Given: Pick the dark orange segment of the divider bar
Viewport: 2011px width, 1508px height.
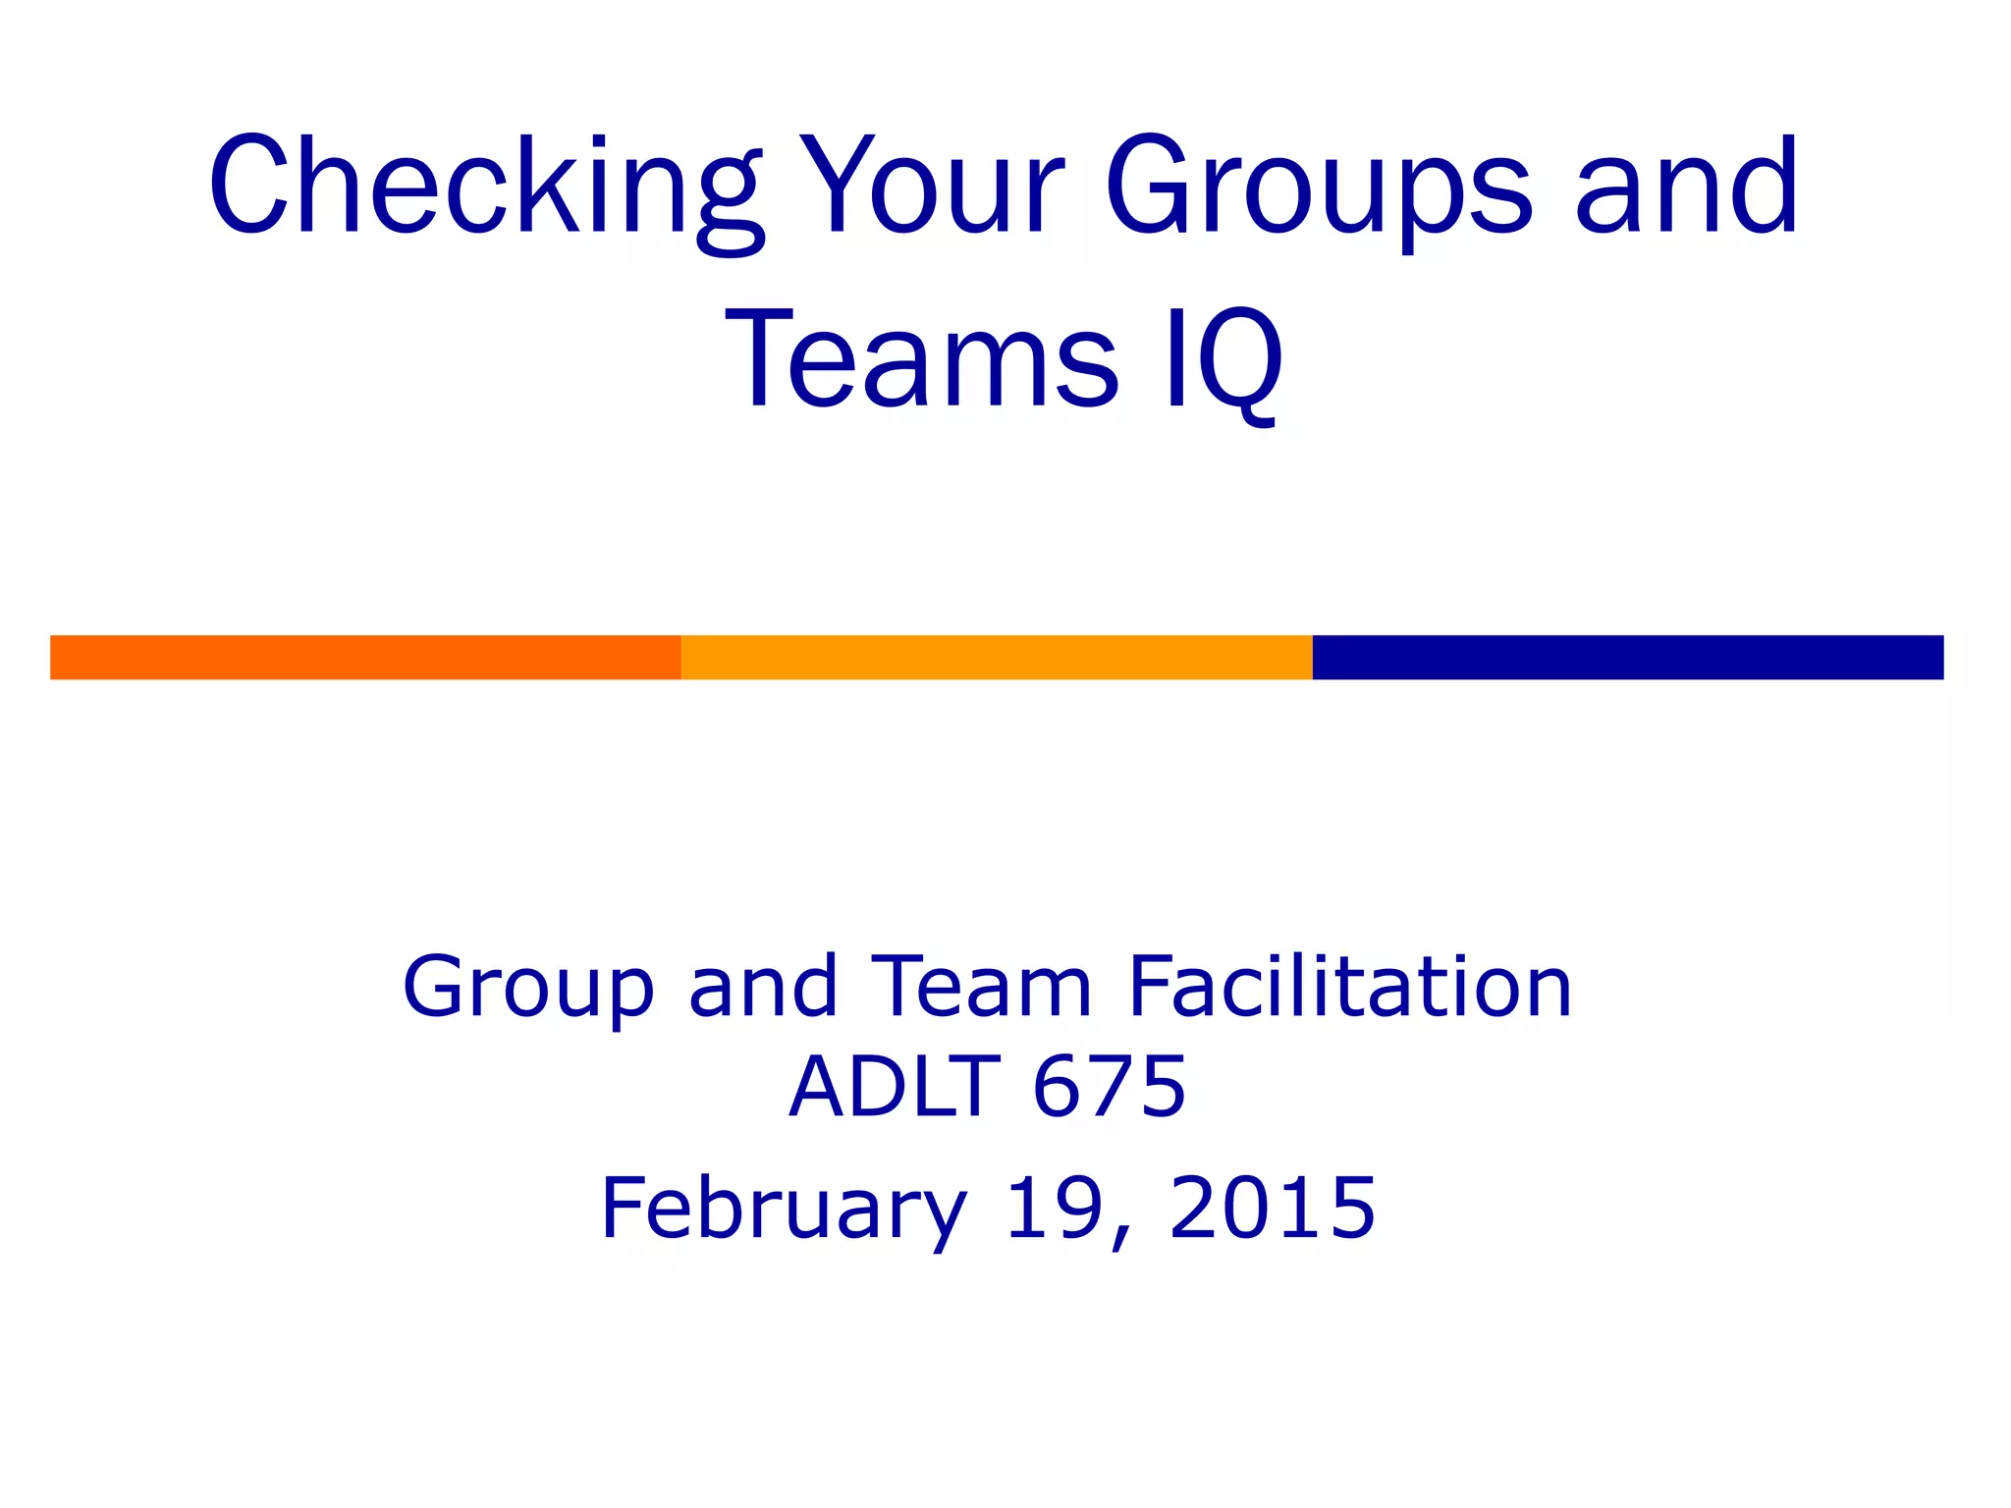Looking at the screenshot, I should click(365, 657).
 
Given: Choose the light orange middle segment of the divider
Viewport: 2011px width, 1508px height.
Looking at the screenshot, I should click(996, 657).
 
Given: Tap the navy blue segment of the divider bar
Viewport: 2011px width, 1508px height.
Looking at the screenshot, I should click(1627, 657).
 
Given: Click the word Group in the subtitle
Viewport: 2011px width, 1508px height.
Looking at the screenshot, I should click(528, 987).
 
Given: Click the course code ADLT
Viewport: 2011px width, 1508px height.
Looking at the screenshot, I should click(895, 1087).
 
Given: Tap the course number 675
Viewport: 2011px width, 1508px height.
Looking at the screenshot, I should click(1110, 1087).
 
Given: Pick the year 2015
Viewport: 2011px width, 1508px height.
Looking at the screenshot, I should click(1273, 1207).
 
